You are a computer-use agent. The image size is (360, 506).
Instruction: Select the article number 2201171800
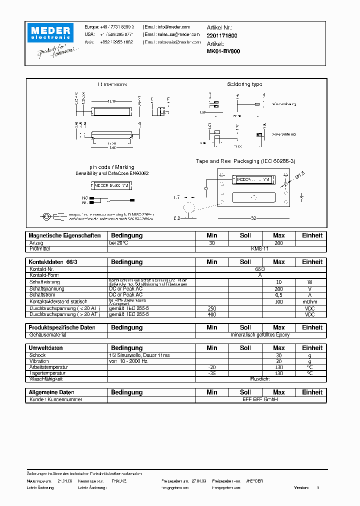tap(222, 36)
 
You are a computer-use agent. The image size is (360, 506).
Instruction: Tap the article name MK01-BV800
tap(223, 51)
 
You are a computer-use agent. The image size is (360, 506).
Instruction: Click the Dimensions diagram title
tap(112, 84)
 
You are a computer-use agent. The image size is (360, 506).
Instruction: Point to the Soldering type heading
tap(244, 84)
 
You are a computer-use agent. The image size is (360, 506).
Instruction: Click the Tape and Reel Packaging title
tap(245, 161)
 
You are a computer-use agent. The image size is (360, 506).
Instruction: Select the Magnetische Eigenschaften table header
tap(65, 235)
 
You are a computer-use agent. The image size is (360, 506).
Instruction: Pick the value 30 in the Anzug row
tap(212, 243)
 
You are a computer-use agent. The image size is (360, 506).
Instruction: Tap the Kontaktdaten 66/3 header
tap(50, 262)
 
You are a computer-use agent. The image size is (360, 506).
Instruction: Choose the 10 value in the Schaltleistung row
tap(279, 282)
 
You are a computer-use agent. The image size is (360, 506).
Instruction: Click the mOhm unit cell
tap(312, 302)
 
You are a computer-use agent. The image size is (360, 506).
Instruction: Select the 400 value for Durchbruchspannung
tap(212, 314)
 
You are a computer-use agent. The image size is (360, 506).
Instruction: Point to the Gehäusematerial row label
tap(48, 334)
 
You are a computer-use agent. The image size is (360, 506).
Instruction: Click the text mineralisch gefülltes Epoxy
tap(260, 334)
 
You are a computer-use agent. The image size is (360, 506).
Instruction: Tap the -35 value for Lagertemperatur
tap(212, 373)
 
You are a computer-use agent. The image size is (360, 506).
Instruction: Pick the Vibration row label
tap(39, 361)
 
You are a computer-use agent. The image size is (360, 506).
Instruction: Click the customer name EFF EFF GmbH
tap(260, 399)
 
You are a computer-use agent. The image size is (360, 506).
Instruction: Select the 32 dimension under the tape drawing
tap(253, 218)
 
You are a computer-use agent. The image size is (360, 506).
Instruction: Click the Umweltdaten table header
tap(46, 348)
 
